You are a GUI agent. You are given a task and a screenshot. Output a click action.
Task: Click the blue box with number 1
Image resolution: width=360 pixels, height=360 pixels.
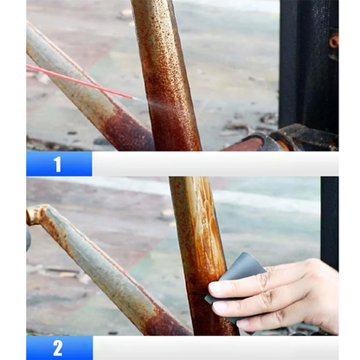[x=59, y=164]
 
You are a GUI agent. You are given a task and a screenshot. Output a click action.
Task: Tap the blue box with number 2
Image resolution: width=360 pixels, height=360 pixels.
[x=59, y=348]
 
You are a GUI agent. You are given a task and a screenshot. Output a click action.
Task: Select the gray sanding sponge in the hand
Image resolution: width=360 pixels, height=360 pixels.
[x=237, y=276]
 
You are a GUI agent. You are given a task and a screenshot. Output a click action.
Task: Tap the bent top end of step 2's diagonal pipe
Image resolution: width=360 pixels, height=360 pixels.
[x=35, y=214]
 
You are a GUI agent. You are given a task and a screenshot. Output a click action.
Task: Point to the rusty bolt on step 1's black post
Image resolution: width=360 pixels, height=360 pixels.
[x=333, y=42]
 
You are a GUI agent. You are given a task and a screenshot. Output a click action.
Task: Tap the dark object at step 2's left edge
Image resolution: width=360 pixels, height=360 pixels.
[x=29, y=238]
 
